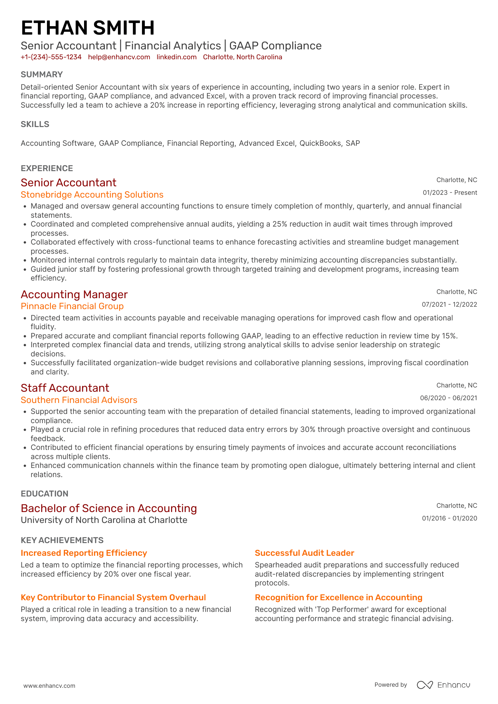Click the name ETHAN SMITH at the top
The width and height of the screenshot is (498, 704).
pyautogui.click(x=88, y=28)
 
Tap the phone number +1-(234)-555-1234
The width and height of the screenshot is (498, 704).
pyautogui.click(x=51, y=57)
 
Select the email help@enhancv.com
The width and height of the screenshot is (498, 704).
pyautogui.click(x=119, y=57)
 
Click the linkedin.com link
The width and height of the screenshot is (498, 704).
pyautogui.click(x=177, y=57)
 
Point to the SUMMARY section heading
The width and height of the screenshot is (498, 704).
pyautogui.click(x=42, y=74)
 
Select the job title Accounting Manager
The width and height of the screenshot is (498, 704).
pyautogui.click(x=74, y=294)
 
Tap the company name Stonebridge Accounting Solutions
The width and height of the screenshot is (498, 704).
pyautogui.click(x=92, y=195)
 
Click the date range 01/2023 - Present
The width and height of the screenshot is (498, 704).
pyautogui.click(x=450, y=193)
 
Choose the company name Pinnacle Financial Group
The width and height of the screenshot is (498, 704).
pyautogui.click(x=72, y=306)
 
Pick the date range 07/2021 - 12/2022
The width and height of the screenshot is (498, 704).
pyautogui.click(x=449, y=305)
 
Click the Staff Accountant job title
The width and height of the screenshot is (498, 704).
pyautogui.click(x=65, y=388)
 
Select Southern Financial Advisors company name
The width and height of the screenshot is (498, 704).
pyautogui.click(x=79, y=400)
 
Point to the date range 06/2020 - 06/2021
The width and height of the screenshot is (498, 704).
pyautogui.click(x=448, y=398)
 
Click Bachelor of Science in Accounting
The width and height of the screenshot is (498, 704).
pyautogui.click(x=109, y=508)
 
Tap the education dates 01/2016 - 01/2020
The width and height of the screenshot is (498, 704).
pyautogui.click(x=449, y=518)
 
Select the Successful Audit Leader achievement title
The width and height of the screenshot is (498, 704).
pyautogui.click(x=304, y=553)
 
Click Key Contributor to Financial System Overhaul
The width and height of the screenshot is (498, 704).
pyautogui.click(x=113, y=597)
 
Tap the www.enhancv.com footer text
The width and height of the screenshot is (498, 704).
pyautogui.click(x=49, y=686)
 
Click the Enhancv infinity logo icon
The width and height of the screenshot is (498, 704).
pyautogui.click(x=425, y=685)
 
